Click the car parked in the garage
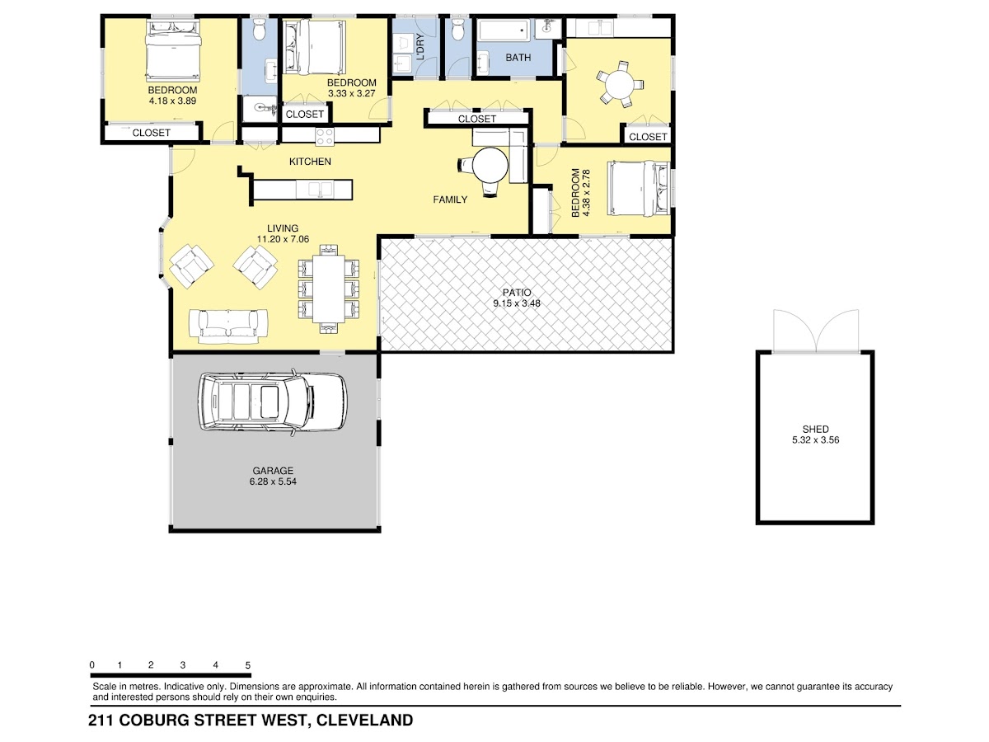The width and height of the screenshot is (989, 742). [272, 403]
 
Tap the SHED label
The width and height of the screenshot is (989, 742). [815, 430]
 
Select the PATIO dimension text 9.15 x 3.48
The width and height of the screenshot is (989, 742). [517, 303]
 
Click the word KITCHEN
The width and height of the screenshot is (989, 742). [310, 162]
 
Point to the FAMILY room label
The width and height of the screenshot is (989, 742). [450, 200]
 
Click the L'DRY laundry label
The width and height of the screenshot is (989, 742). [420, 47]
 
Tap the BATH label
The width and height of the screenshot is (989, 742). [518, 58]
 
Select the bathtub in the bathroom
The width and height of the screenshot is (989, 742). [504, 31]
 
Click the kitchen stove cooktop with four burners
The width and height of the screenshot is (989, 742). [325, 137]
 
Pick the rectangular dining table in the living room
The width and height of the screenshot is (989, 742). [329, 289]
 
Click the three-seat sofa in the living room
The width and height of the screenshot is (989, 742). [228, 326]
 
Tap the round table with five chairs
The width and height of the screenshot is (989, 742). [620, 85]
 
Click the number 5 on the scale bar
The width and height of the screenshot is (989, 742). [248, 665]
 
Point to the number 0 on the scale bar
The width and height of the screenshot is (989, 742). [92, 665]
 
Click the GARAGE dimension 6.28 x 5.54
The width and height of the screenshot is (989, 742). [273, 481]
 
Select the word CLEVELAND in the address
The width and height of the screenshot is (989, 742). [364, 720]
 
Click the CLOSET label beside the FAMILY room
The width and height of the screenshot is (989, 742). [476, 119]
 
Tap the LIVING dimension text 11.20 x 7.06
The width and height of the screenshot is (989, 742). [283, 239]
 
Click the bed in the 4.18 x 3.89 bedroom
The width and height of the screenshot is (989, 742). [172, 50]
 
